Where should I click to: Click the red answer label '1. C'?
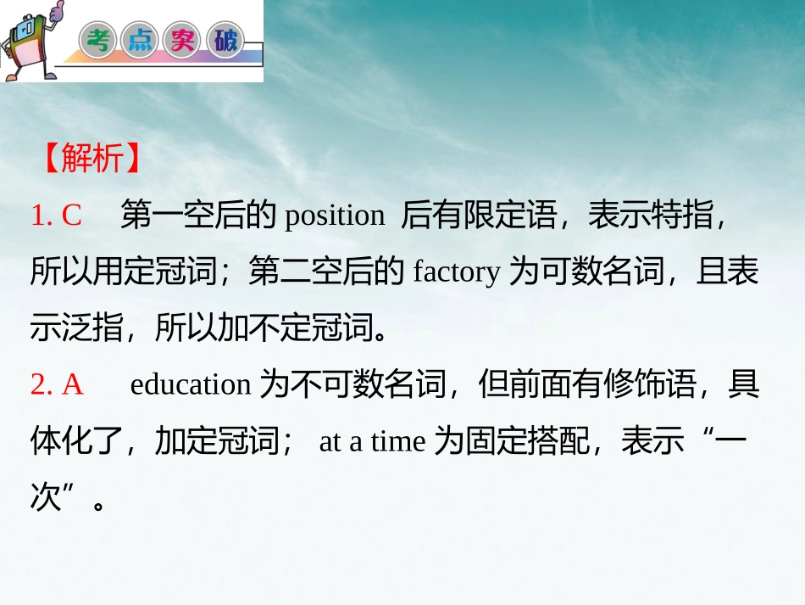(x=56, y=216)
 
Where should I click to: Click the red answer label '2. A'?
(x=57, y=385)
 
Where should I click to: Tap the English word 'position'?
(x=335, y=216)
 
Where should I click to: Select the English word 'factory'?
(x=457, y=272)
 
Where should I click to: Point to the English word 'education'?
(x=191, y=385)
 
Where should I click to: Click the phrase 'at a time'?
(x=372, y=442)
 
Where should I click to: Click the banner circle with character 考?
(x=99, y=41)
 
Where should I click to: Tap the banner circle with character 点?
(x=141, y=41)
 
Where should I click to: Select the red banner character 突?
(x=183, y=41)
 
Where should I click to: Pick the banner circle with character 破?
(x=225, y=41)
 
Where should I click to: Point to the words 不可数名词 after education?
(x=353, y=385)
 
